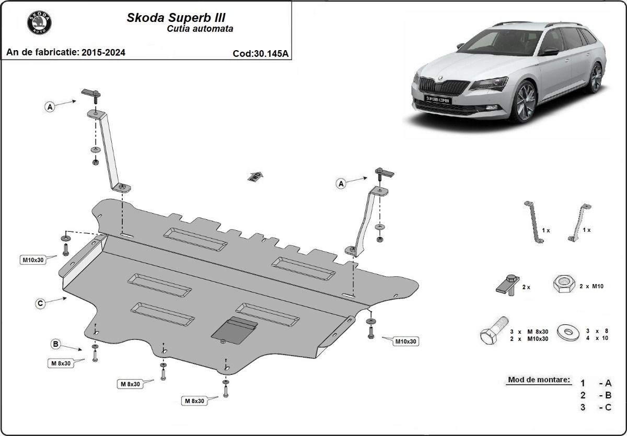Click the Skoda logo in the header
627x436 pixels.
click(39, 23)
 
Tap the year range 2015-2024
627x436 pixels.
click(103, 53)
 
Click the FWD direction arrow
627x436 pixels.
click(256, 176)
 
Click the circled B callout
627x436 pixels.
click(55, 344)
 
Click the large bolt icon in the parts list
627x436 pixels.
click(492, 333)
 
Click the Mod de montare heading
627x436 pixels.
click(538, 380)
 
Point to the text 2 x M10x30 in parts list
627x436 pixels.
click(530, 338)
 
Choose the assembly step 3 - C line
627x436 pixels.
click(595, 407)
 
